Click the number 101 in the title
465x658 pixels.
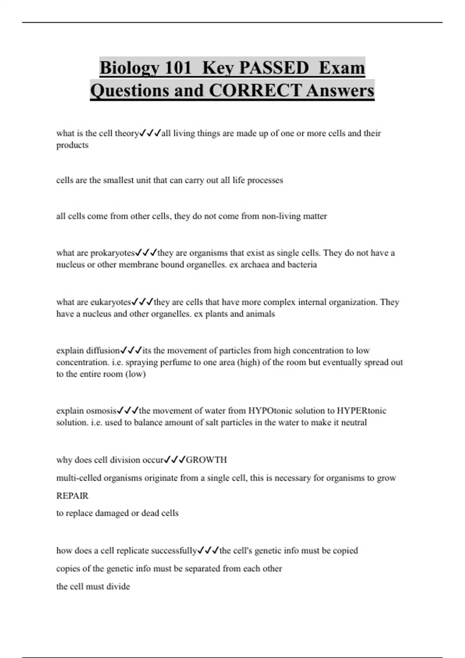(x=178, y=68)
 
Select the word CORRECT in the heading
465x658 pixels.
(x=255, y=91)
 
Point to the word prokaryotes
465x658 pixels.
(x=112, y=253)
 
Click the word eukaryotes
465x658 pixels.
(x=110, y=302)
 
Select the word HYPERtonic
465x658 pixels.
(x=362, y=411)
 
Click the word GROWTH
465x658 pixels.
(x=207, y=460)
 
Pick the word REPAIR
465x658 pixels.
(x=72, y=496)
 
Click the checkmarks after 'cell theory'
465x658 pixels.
(x=150, y=134)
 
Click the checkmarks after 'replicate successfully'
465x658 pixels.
(x=208, y=551)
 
